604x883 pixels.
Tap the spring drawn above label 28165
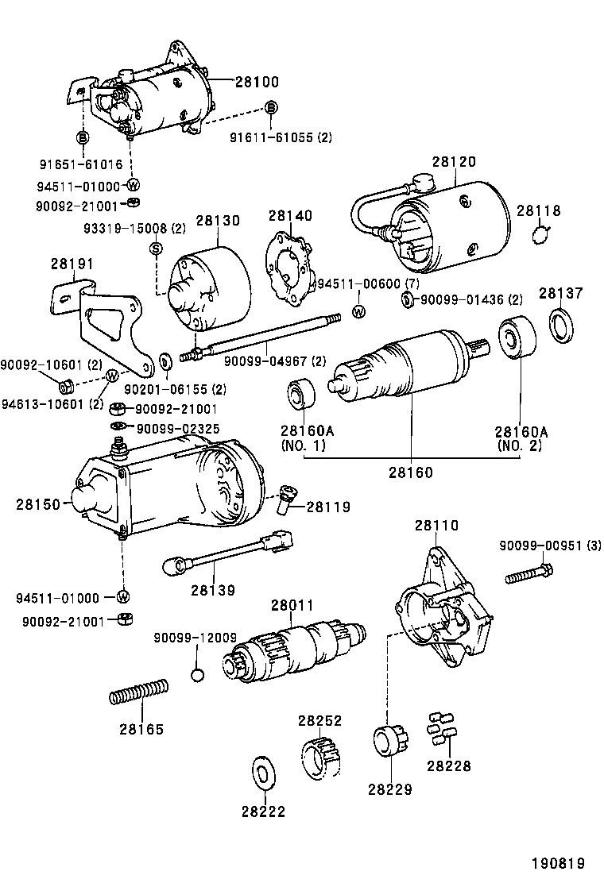tap(138, 692)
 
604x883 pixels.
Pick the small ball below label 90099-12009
tap(198, 675)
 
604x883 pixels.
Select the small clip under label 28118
tap(540, 234)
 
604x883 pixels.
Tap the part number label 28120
tap(454, 161)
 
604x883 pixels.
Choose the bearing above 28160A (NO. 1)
tap(302, 395)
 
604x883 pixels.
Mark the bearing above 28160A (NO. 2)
tap(517, 339)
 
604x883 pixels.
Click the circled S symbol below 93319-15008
tap(157, 249)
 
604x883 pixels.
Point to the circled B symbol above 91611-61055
tap(271, 107)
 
